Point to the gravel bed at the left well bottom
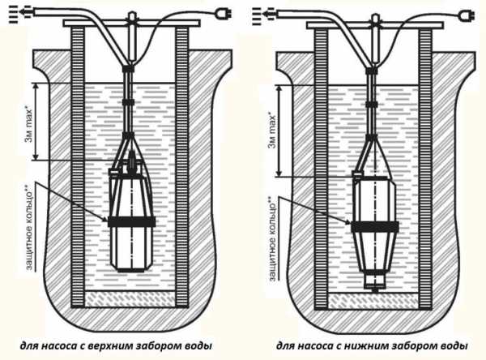[x=130, y=298]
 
